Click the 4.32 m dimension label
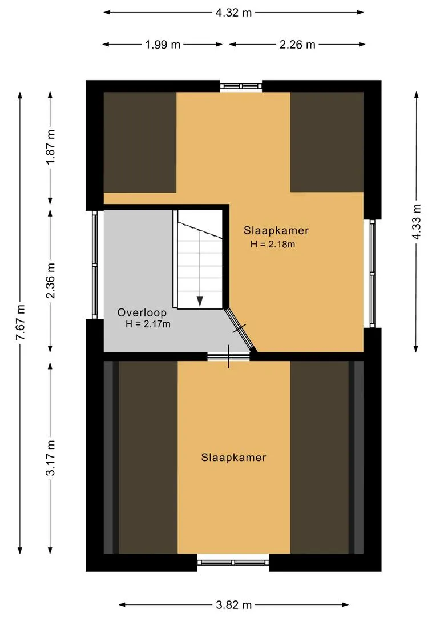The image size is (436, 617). (x=233, y=13)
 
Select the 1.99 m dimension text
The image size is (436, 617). (x=163, y=45)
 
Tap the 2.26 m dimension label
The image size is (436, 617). (x=297, y=45)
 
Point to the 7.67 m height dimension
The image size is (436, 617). (x=21, y=323)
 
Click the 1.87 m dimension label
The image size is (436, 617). (x=51, y=147)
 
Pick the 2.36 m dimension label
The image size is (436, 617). (x=51, y=280)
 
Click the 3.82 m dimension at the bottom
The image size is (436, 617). (x=233, y=605)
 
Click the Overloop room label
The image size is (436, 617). (x=142, y=312)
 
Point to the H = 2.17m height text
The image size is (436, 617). (x=148, y=324)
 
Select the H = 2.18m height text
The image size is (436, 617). (x=272, y=244)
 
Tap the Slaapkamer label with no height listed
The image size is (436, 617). (x=233, y=458)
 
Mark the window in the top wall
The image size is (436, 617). (x=241, y=86)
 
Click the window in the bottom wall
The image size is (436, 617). (x=233, y=562)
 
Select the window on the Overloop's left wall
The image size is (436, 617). (x=95, y=265)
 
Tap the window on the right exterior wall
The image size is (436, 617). (x=372, y=274)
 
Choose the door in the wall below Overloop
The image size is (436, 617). (x=228, y=356)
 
